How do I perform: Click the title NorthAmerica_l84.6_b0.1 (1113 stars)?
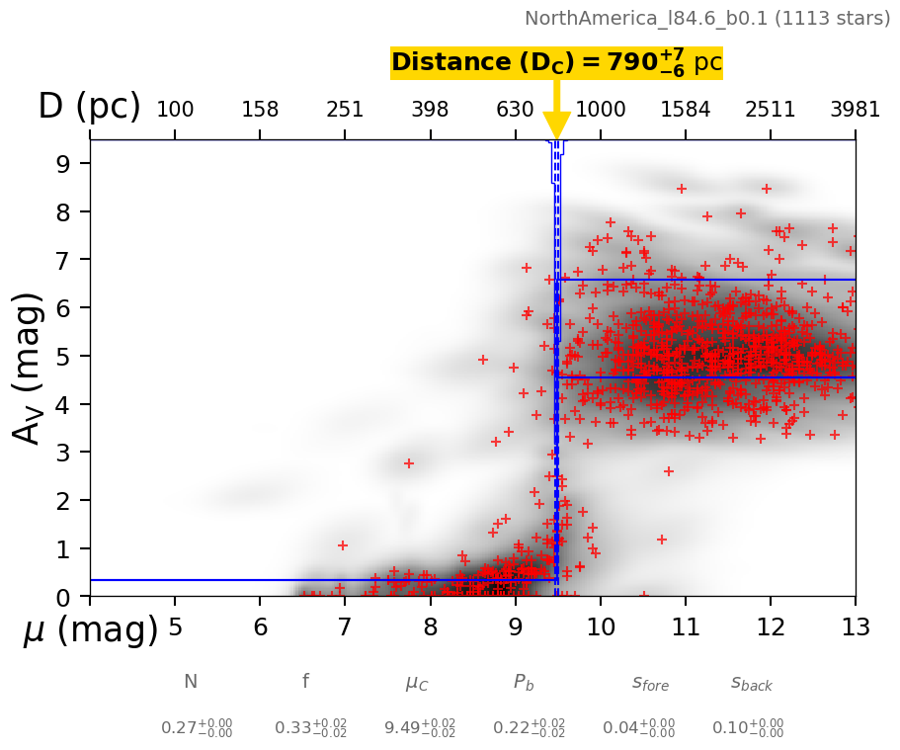tap(707, 18)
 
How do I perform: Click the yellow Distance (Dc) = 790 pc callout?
tap(556, 62)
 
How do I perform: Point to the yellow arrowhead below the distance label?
tap(556, 125)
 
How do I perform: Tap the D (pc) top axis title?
tap(89, 107)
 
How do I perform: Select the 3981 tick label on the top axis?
tap(855, 110)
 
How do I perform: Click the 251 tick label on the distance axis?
tap(345, 110)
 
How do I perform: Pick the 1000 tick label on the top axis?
tap(600, 110)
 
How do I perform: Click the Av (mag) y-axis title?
tap(30, 368)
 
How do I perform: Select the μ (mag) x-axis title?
tap(90, 629)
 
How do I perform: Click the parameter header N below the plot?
tap(191, 682)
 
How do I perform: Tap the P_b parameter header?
tap(525, 682)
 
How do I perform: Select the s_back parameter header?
tap(752, 682)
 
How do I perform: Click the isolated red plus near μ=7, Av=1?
tap(343, 545)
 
